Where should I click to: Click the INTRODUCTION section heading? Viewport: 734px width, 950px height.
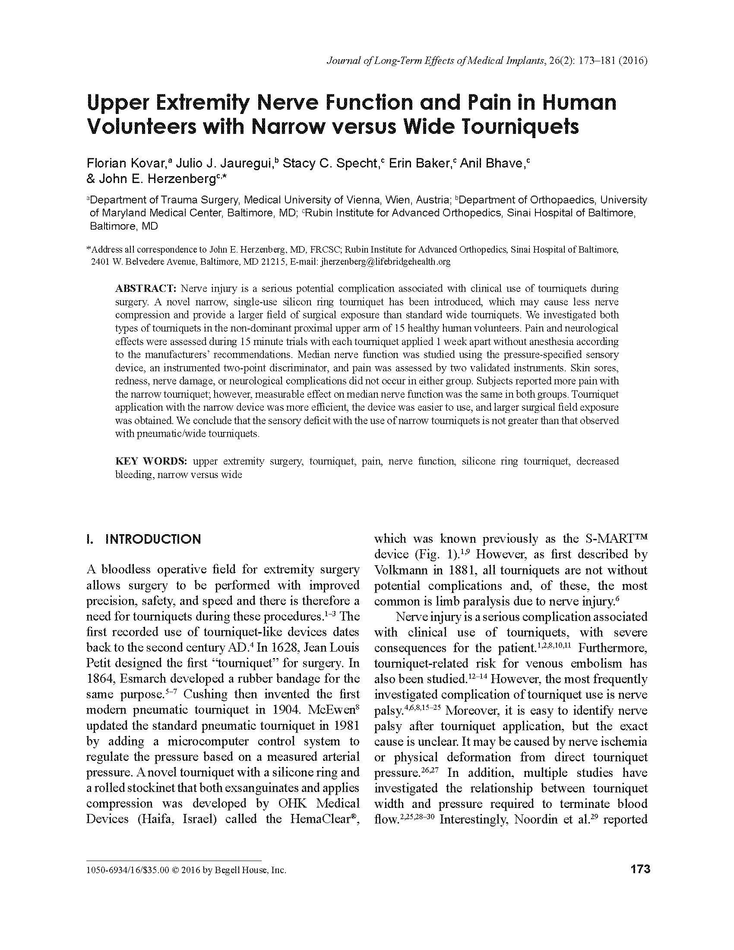pyautogui.click(x=153, y=539)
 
